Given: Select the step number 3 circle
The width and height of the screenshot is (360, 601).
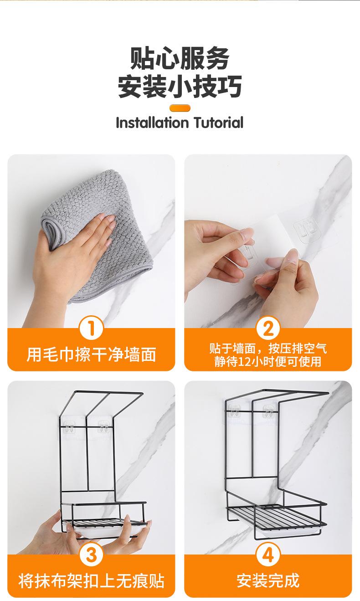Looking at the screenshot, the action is click(91, 555).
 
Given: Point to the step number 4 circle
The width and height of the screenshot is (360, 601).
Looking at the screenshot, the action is click(267, 555).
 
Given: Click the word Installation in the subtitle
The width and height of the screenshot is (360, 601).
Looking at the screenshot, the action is click(152, 123).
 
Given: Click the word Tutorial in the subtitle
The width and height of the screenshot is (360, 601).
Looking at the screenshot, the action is click(218, 123).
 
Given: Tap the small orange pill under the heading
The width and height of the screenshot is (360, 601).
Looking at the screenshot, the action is click(180, 108).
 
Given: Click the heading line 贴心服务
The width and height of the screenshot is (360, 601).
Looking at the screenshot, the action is click(180, 58).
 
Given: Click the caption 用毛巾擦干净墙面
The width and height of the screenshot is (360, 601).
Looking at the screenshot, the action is click(91, 354).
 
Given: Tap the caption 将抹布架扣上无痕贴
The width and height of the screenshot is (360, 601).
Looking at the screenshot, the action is click(91, 581).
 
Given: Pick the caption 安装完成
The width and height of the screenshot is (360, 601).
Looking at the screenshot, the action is click(267, 581).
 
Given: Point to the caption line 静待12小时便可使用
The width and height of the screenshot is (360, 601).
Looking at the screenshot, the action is click(267, 361).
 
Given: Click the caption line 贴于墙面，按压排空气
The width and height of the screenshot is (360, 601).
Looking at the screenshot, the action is click(267, 349).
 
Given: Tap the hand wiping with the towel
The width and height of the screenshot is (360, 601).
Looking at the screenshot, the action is click(72, 252).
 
